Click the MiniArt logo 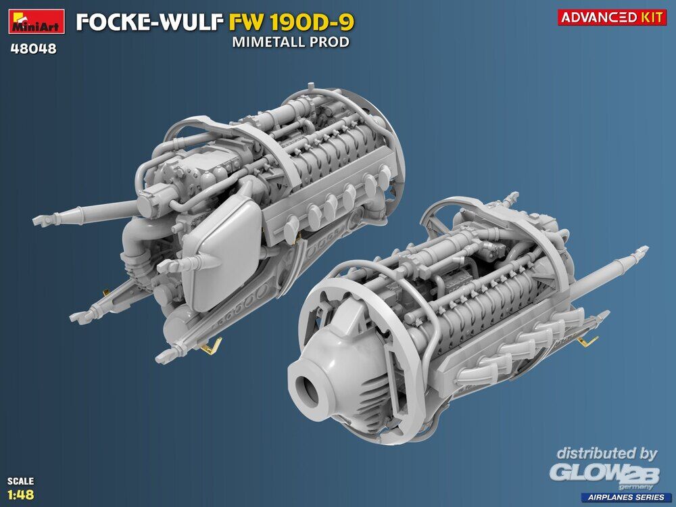[x=37, y=22]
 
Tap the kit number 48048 [x=33, y=49]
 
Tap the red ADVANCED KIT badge [x=612, y=17]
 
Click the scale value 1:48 [x=21, y=494]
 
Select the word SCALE [x=20, y=481]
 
